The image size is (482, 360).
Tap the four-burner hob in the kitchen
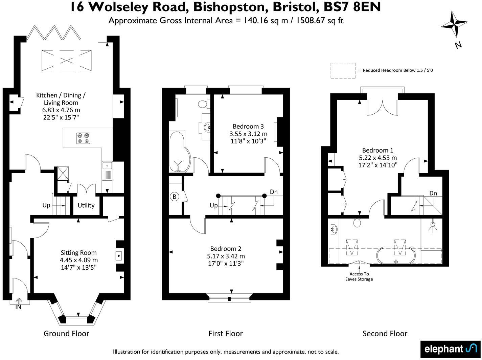[83, 138]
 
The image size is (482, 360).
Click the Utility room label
[86, 205]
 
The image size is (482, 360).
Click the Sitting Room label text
[78, 253]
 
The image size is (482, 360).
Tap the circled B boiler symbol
[175, 197]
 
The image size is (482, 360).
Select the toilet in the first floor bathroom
[203, 104]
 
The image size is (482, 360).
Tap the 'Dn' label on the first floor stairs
[274, 192]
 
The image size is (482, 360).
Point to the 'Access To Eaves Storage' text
[359, 276]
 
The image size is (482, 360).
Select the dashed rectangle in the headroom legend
[343, 71]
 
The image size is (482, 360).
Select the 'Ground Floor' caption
[66, 334]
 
